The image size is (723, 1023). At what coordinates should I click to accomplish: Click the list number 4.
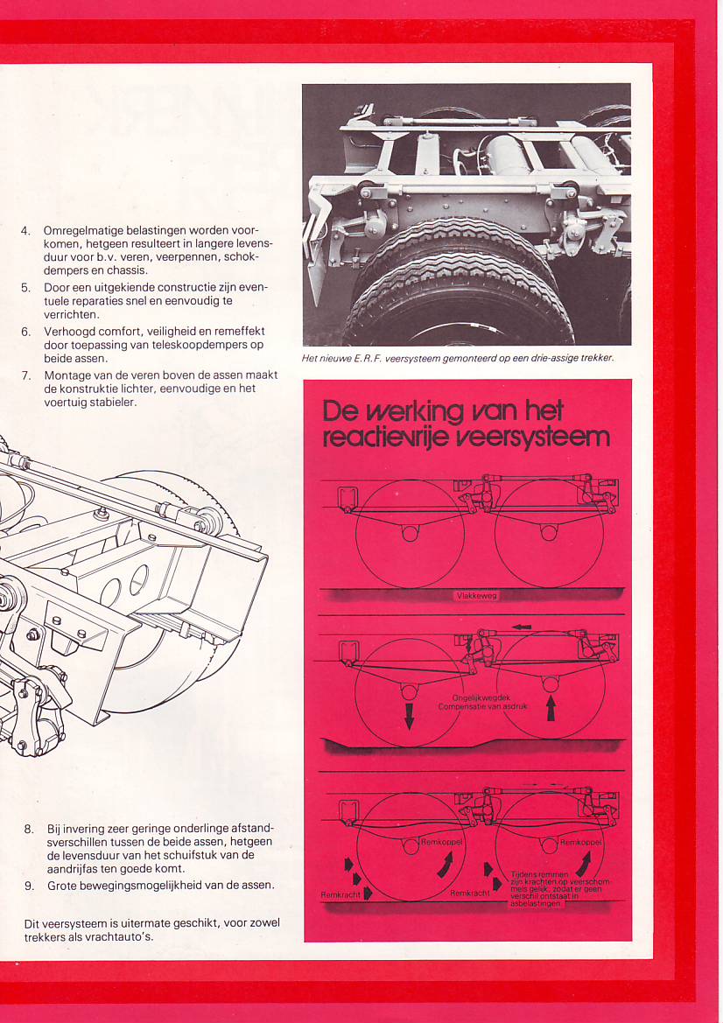click(x=25, y=231)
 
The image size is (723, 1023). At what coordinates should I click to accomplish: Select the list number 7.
click(x=25, y=375)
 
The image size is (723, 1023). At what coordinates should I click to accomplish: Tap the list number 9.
click(x=29, y=885)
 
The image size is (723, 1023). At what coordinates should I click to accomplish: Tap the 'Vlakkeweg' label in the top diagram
click(x=476, y=596)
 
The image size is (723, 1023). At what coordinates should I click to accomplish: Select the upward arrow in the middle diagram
click(x=551, y=706)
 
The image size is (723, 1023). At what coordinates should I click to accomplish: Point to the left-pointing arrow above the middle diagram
click(x=523, y=627)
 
